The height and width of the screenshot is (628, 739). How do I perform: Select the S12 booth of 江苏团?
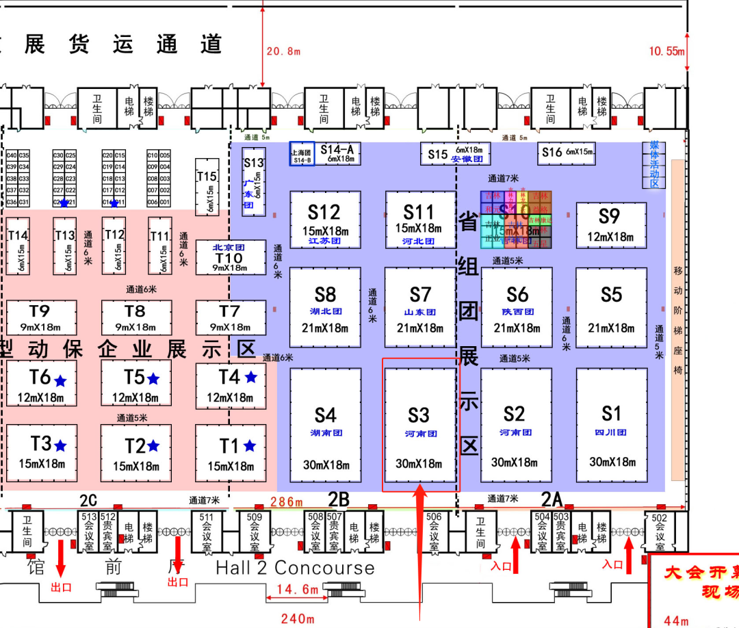click(325, 219)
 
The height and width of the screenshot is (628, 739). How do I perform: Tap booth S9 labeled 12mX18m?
click(610, 225)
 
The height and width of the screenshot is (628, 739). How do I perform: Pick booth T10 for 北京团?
click(230, 257)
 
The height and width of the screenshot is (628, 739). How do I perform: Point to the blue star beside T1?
click(250, 446)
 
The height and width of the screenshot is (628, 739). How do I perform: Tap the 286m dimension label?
click(287, 502)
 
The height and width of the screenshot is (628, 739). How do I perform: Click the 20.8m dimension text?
click(284, 51)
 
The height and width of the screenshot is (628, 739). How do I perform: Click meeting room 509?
click(255, 532)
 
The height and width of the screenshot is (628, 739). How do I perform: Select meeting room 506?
click(434, 532)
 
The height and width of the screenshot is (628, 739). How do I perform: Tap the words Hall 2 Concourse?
click(295, 568)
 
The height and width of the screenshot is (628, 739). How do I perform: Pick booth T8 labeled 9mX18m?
click(135, 318)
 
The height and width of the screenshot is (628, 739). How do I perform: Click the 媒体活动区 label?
click(653, 164)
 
